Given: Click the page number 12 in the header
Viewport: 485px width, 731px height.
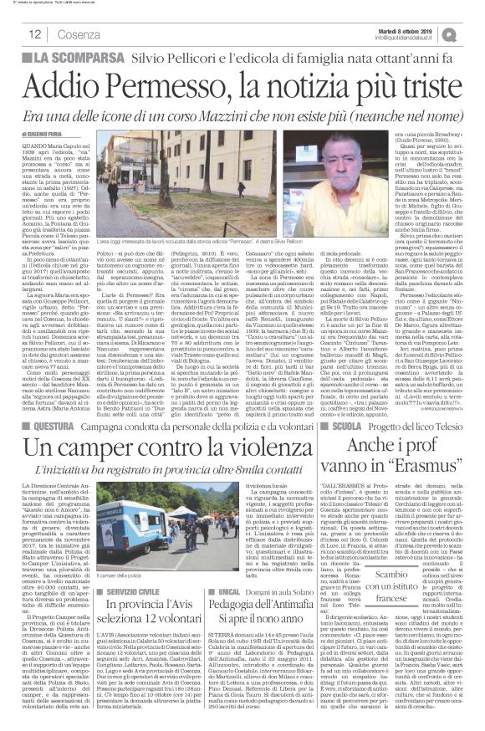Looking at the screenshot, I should point(34,33).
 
